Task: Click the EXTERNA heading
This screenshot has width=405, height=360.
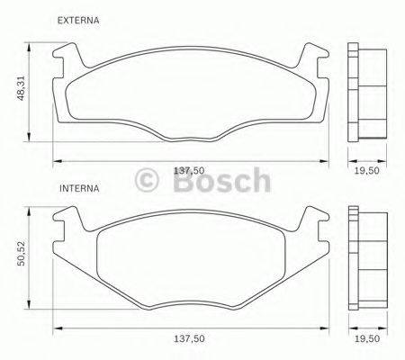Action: [76, 20]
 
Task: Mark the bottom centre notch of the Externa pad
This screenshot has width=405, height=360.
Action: [192, 137]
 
